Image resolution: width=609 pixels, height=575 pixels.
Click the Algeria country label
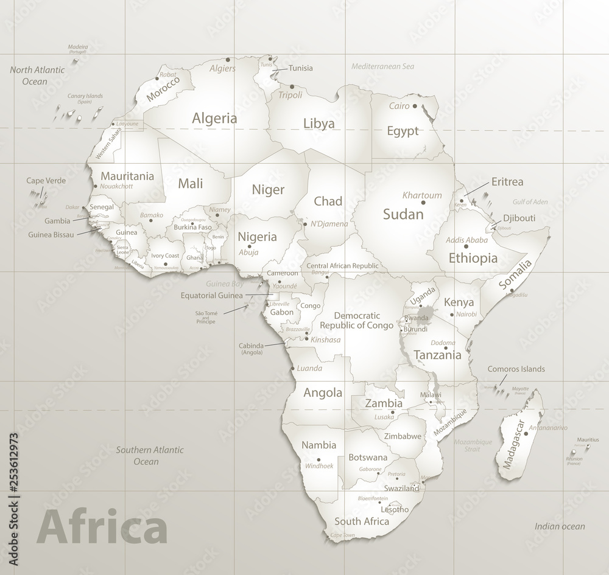coord(214,119)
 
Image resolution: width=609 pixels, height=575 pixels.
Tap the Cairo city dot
coord(415,106)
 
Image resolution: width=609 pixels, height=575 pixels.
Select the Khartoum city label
coord(421,195)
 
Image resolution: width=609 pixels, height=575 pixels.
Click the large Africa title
coord(102,528)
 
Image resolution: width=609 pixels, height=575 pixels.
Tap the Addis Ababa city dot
coord(466,246)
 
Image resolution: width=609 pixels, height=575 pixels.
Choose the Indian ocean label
coord(560,526)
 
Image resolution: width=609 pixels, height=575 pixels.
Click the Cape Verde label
coord(46,181)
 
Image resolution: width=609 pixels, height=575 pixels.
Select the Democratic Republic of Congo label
coord(358,320)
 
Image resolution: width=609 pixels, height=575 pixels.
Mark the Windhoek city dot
coord(319,461)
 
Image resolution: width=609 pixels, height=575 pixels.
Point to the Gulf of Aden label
coord(530,201)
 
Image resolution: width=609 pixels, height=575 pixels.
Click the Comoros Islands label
coord(516,369)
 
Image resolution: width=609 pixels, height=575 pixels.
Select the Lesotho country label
coord(396,509)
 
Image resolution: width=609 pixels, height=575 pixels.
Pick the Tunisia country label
coord(300,68)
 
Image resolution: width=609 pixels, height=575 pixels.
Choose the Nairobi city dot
coord(451,315)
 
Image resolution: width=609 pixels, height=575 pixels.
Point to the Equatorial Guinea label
coord(211,296)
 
